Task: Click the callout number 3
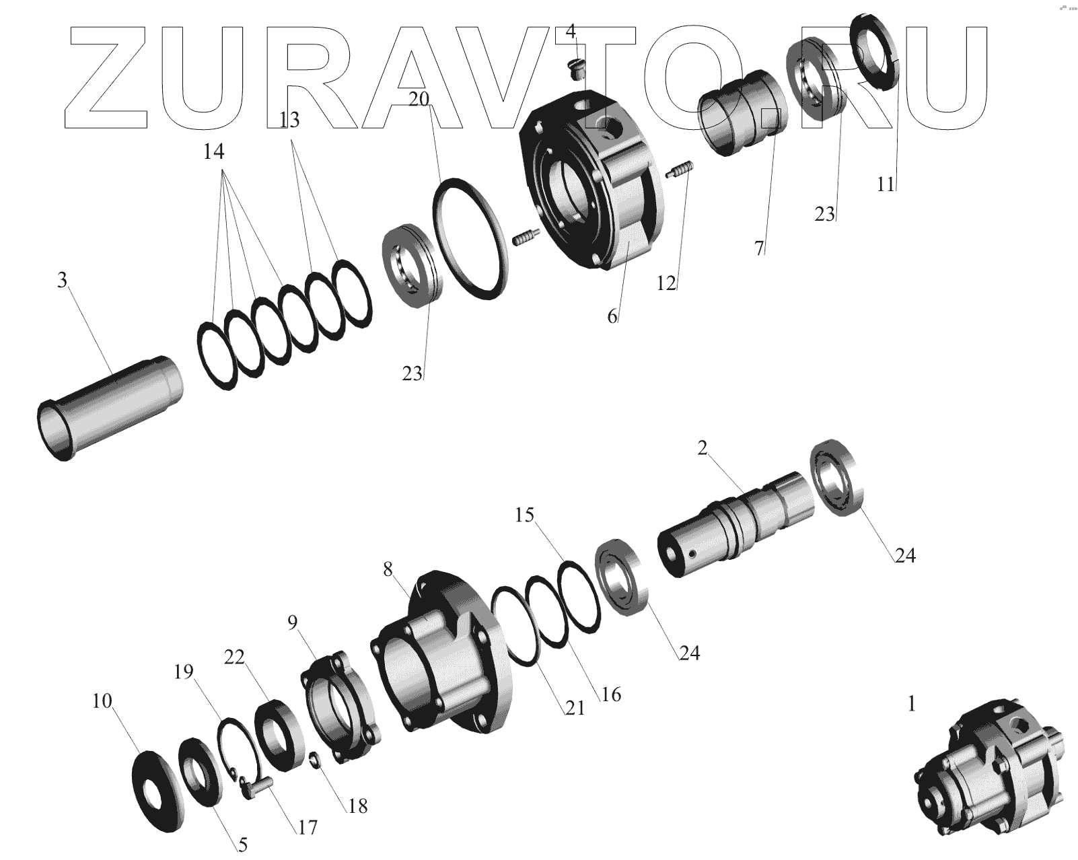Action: (62, 280)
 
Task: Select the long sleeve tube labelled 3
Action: (110, 408)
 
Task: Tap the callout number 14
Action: (213, 151)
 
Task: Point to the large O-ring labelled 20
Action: (470, 239)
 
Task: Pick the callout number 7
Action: (760, 248)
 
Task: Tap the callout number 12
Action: (666, 283)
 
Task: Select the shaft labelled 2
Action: (735, 524)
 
